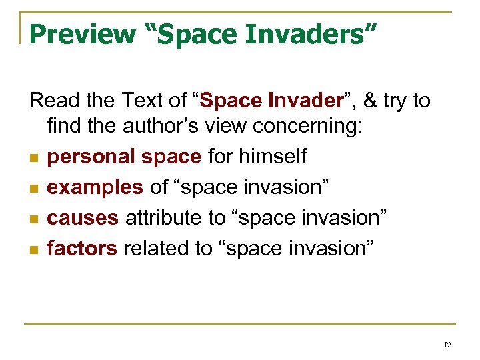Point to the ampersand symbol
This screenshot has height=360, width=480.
click(371, 101)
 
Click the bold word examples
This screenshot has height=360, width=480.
click(95, 187)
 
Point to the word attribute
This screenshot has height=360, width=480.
click(167, 217)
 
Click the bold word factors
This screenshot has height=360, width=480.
click(82, 248)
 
